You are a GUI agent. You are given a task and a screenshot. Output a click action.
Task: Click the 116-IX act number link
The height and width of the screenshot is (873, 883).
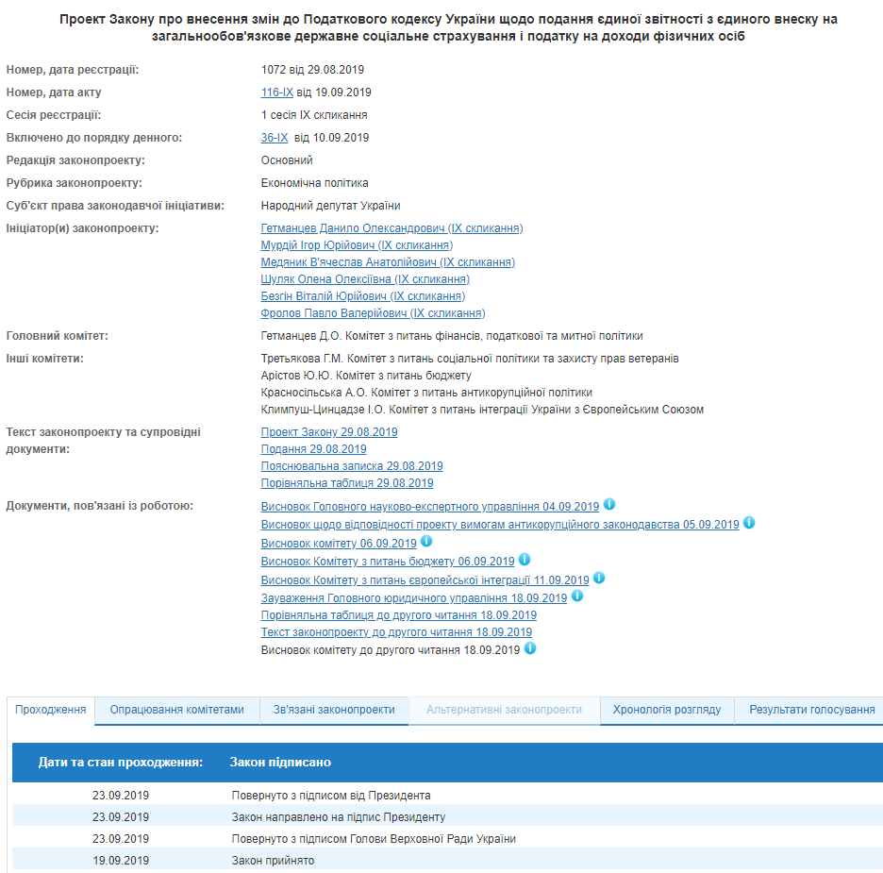click(x=276, y=92)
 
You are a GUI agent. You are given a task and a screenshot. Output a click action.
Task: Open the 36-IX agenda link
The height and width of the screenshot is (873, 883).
click(x=274, y=138)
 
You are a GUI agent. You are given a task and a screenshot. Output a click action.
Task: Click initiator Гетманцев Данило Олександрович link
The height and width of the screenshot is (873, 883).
click(x=392, y=228)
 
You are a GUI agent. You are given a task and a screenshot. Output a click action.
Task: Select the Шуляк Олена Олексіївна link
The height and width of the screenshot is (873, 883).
click(x=365, y=279)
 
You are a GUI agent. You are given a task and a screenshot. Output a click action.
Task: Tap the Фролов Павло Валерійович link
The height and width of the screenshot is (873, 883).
click(x=373, y=313)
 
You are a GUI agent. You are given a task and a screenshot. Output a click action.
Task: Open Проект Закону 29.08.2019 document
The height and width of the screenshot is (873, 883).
click(x=329, y=432)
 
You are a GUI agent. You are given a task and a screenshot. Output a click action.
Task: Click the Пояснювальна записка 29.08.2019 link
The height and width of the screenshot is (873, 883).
click(x=352, y=466)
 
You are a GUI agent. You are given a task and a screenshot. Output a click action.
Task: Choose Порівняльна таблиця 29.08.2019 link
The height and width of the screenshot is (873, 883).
click(x=347, y=483)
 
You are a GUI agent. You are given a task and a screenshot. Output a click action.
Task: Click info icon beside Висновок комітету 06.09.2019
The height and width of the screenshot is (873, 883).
click(x=426, y=542)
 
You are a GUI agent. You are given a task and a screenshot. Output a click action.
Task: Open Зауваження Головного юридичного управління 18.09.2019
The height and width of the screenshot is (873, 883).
click(x=414, y=598)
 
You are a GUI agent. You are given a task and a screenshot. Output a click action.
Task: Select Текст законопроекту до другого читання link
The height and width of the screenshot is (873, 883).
click(x=396, y=632)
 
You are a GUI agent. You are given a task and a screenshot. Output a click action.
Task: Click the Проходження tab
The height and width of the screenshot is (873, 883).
click(x=51, y=710)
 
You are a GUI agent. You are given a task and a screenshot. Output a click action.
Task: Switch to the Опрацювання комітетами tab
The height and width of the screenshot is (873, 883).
click(x=176, y=710)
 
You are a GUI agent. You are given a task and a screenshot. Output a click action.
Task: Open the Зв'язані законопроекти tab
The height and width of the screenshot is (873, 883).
click(x=334, y=710)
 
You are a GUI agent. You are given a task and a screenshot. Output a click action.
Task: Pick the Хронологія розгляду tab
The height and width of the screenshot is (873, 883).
click(x=667, y=710)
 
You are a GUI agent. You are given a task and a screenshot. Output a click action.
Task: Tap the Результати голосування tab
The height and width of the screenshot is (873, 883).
click(x=811, y=710)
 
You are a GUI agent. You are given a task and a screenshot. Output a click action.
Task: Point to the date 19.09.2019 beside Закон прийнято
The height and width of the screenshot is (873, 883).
click(x=121, y=861)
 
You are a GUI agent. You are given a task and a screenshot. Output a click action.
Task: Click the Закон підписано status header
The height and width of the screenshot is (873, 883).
click(x=280, y=762)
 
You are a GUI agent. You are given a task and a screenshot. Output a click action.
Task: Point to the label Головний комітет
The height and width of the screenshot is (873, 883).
click(x=57, y=336)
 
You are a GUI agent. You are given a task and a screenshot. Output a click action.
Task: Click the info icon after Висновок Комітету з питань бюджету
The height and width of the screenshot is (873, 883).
click(x=525, y=560)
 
